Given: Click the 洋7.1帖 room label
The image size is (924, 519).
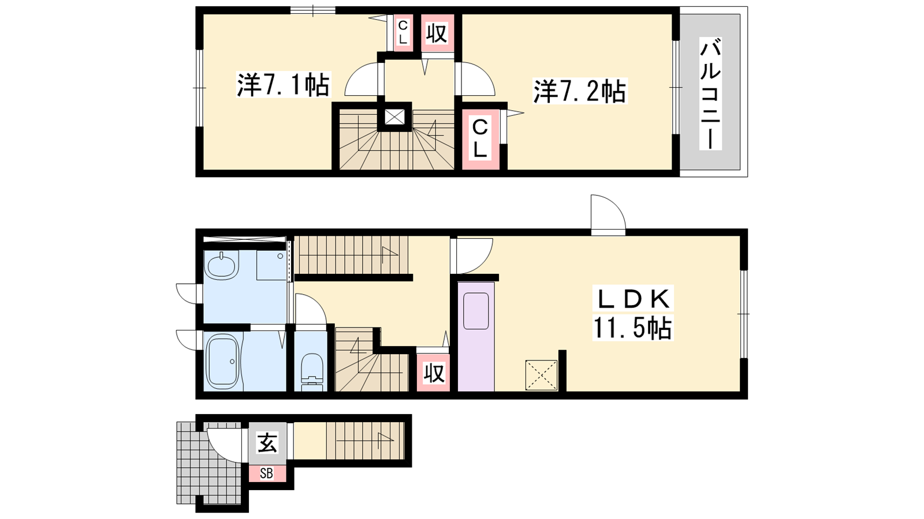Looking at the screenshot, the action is [284, 84].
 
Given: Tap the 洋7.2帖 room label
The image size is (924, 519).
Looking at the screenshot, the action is [580, 91].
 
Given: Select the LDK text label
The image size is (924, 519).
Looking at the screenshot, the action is [633, 299].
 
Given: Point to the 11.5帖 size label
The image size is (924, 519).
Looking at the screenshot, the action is [633, 328].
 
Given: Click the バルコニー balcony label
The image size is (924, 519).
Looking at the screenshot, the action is [710, 93].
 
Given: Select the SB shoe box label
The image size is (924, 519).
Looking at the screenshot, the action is [266, 473].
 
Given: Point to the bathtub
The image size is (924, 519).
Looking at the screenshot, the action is [223, 361].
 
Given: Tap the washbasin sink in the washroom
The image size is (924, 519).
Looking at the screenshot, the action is [223, 265].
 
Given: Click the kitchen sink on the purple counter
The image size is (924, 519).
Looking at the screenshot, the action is [476, 311].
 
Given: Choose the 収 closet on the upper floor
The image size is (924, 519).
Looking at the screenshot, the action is [437, 33].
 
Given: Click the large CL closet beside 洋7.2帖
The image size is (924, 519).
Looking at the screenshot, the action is [480, 139].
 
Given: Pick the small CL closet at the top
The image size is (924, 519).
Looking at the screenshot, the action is [403, 32].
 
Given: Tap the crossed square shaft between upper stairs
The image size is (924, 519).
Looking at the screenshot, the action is [395, 116].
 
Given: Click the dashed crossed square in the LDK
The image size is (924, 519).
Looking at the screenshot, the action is [541, 375].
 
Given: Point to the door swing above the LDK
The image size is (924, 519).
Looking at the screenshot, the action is [608, 214].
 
